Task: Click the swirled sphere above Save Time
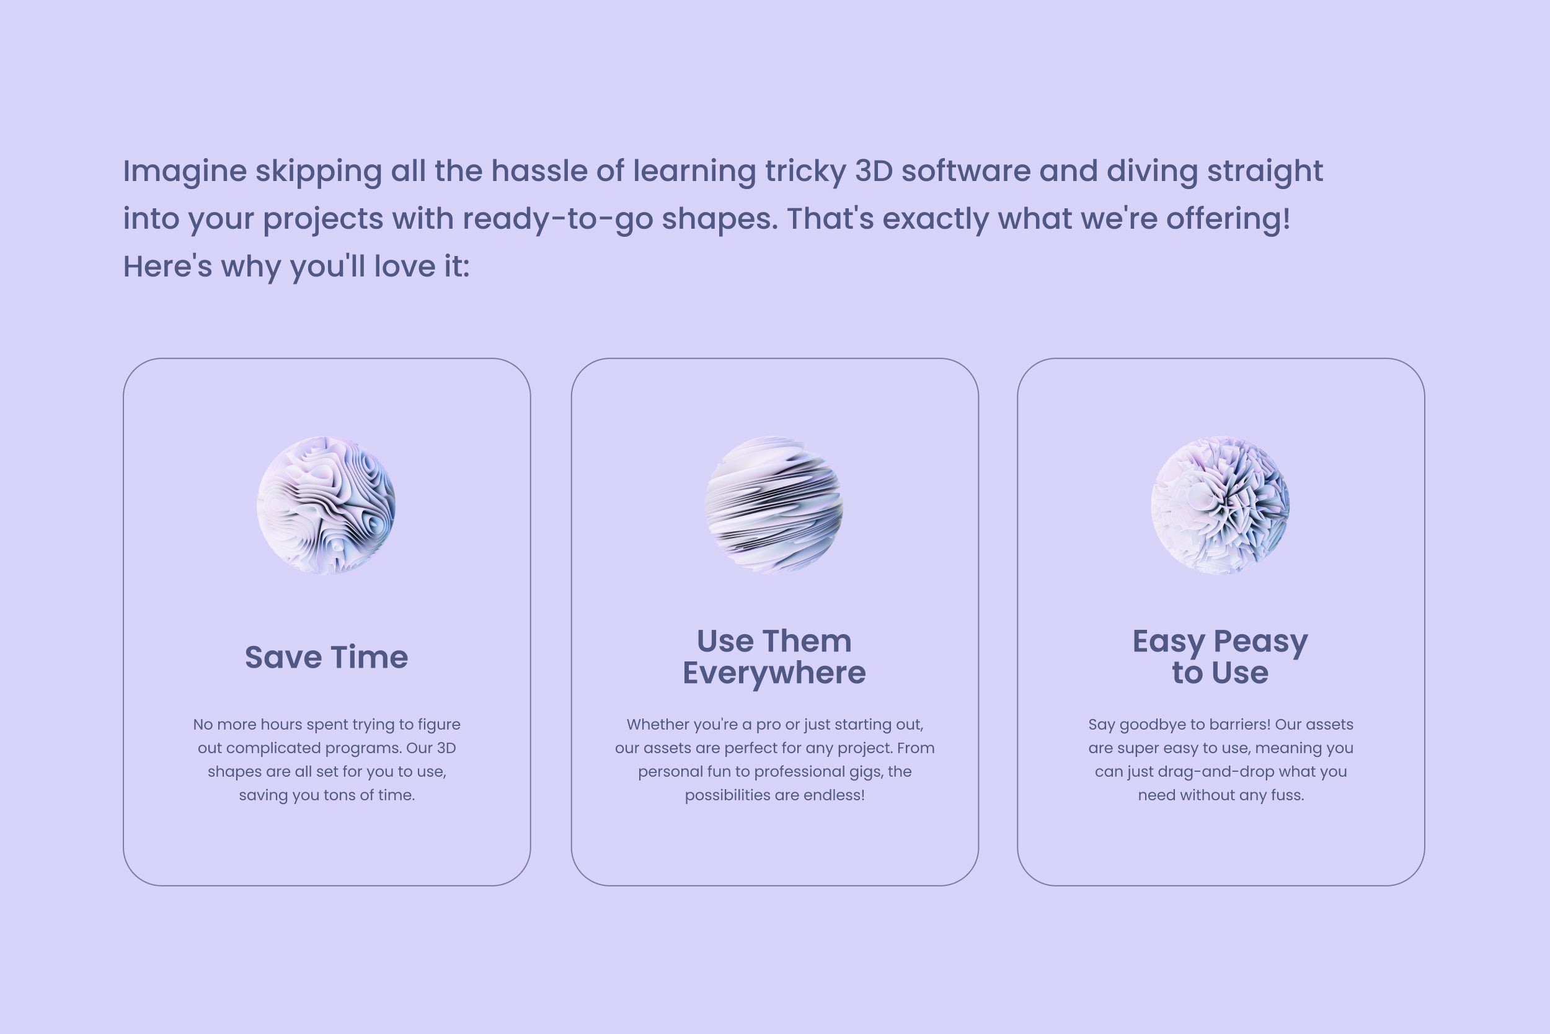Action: [326, 505]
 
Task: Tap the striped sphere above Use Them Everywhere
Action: [774, 505]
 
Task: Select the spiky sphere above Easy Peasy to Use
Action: [1220, 505]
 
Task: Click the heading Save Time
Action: [327, 658]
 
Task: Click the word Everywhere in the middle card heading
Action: [774, 673]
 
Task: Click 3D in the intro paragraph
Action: [874, 171]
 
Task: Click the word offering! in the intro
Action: [1228, 219]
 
